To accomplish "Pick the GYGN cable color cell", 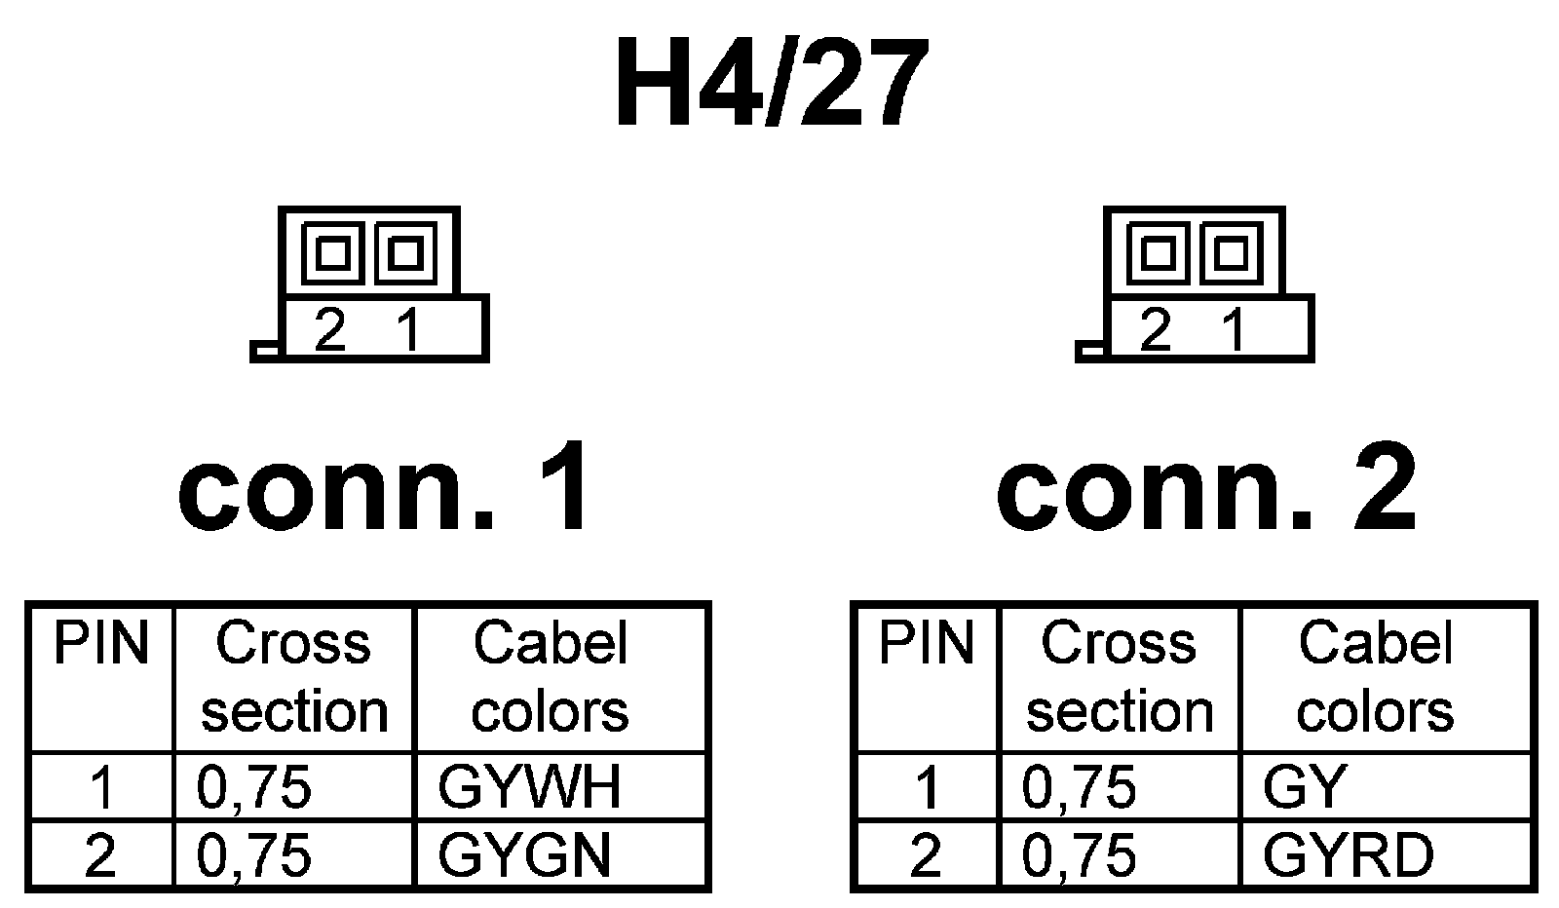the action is (x=525, y=855).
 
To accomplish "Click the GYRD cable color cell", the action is (x=1349, y=855).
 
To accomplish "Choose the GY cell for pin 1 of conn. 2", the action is (x=1305, y=787).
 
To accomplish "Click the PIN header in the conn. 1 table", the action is (x=101, y=644).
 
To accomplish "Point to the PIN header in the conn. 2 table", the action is (x=927, y=644).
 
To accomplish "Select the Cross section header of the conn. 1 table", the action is (x=293, y=678).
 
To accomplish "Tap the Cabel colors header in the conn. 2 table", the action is (x=1375, y=678).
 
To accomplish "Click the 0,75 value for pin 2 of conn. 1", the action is (x=254, y=855).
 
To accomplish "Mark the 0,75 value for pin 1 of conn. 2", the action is (x=1080, y=787).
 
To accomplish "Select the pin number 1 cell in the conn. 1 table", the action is (x=101, y=787).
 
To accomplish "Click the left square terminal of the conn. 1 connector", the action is (x=333, y=253).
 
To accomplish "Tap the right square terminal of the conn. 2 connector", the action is (x=1232, y=253).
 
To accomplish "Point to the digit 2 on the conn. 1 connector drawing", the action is (x=330, y=331).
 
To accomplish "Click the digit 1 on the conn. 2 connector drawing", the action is (x=1234, y=331).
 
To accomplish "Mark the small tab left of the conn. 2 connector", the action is (x=1090, y=351).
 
